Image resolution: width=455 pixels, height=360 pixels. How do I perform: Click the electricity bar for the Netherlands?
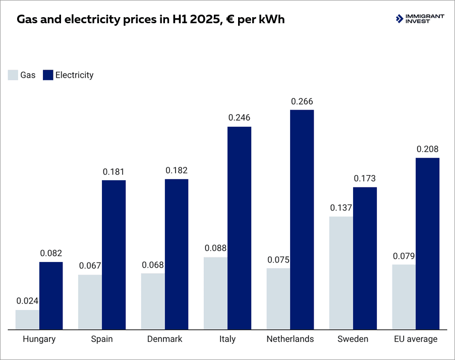tap(302, 220)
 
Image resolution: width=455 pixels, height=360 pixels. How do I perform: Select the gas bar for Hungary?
tap(27, 320)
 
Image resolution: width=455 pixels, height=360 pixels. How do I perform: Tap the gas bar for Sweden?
tap(341, 273)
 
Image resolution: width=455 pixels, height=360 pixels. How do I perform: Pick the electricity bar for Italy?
tap(239, 228)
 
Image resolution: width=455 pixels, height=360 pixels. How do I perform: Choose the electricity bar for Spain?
tap(113, 255)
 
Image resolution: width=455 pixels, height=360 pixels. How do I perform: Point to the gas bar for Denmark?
tap(153, 301)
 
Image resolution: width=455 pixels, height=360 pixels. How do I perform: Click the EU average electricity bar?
tap(427, 244)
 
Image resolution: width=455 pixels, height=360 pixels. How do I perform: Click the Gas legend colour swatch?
tap(13, 75)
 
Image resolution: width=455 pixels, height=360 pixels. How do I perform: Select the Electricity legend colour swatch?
tap(48, 75)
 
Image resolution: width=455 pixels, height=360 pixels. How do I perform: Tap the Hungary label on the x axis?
tap(39, 339)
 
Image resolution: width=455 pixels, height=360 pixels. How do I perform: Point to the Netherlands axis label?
tap(290, 339)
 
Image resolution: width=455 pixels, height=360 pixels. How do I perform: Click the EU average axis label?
tap(415, 339)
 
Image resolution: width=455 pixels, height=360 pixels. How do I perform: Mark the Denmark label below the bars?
tap(164, 339)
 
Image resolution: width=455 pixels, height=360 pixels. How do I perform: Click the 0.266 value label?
tap(302, 101)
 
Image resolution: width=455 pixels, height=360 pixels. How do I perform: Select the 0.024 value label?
tap(27, 301)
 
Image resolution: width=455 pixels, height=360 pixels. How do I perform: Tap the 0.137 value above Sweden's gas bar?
tap(341, 208)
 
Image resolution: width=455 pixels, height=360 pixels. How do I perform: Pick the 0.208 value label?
tap(427, 149)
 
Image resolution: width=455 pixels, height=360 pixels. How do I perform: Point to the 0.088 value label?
tap(215, 248)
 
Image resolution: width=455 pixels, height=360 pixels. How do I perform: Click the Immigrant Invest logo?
tap(420, 19)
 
